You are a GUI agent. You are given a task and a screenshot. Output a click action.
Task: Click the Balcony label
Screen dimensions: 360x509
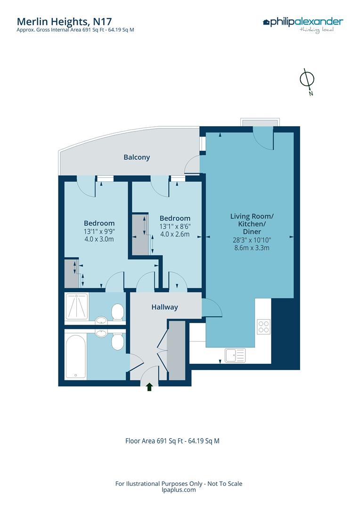[x=137, y=157]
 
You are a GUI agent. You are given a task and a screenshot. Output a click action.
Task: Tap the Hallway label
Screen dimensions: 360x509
[x=164, y=307]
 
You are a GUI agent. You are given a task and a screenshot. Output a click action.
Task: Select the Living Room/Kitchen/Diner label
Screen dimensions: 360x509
[x=252, y=224]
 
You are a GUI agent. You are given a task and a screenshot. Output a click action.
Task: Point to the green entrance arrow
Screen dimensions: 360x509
[x=149, y=386]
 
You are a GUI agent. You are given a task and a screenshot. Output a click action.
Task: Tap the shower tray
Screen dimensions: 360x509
[x=77, y=306]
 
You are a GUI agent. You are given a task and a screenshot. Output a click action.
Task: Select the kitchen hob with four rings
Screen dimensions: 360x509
[x=263, y=327]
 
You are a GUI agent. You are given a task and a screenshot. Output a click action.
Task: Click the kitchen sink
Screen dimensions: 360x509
[x=236, y=355]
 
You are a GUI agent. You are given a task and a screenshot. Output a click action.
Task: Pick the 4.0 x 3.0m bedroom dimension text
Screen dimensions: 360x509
[x=99, y=239]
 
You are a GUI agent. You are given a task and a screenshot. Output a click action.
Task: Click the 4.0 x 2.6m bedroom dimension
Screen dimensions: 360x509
[x=175, y=234]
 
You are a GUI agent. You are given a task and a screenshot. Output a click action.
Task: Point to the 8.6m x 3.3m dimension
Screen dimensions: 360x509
[x=252, y=248]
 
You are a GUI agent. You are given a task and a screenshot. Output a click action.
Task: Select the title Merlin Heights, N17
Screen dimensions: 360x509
[x=64, y=21]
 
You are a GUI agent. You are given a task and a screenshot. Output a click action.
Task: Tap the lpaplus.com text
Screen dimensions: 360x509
[x=179, y=490]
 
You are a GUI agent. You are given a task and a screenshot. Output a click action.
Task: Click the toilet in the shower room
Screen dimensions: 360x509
[x=117, y=312]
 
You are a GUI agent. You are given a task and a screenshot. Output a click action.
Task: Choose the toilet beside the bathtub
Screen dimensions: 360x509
[x=117, y=342]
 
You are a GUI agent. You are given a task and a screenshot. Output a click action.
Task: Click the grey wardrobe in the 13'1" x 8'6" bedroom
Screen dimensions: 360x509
[x=140, y=234]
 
